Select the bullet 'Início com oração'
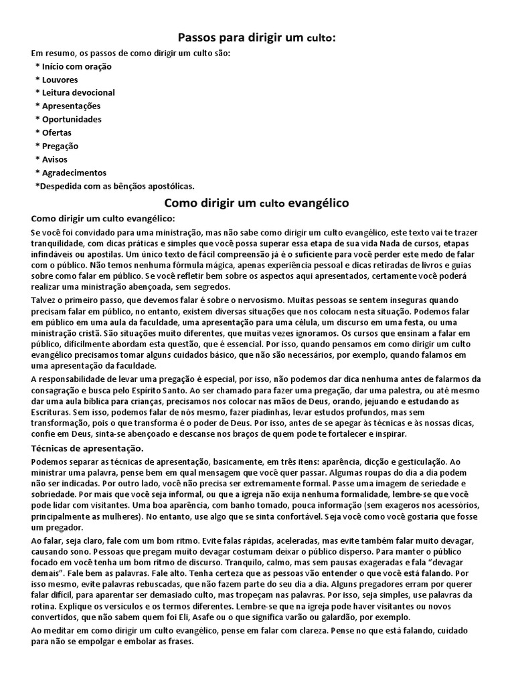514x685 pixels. (76, 67)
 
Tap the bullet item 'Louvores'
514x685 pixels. (60, 80)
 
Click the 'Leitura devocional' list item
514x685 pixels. (78, 93)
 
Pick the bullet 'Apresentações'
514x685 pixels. (71, 106)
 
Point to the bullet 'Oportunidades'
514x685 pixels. (72, 120)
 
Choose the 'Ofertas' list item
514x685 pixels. (56, 132)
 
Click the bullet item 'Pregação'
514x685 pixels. (60, 146)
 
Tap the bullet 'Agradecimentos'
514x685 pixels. (74, 173)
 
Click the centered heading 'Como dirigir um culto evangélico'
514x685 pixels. (256, 202)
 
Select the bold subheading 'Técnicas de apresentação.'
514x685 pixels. (88, 448)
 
